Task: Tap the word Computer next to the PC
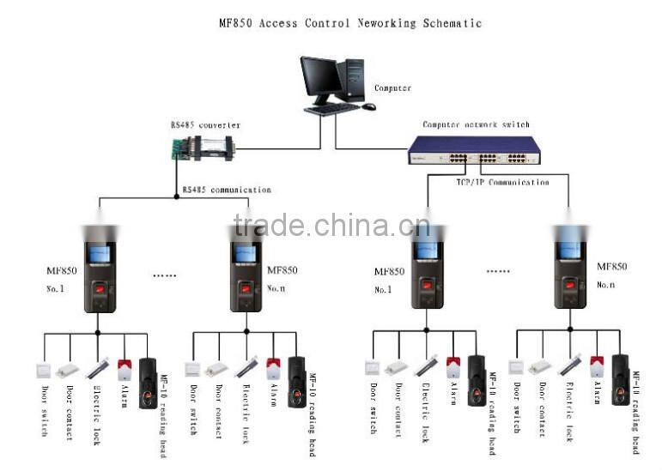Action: pos(392,88)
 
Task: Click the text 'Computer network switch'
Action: pos(476,125)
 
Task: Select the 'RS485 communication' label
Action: pos(227,190)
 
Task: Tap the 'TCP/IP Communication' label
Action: pos(501,182)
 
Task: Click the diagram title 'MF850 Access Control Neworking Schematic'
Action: pos(350,23)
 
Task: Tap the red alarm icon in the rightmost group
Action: pos(597,367)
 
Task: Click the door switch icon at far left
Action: pos(43,371)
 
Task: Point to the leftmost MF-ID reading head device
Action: pos(149,381)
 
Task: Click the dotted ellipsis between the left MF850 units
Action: pos(164,276)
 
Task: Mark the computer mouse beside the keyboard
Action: pos(368,106)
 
